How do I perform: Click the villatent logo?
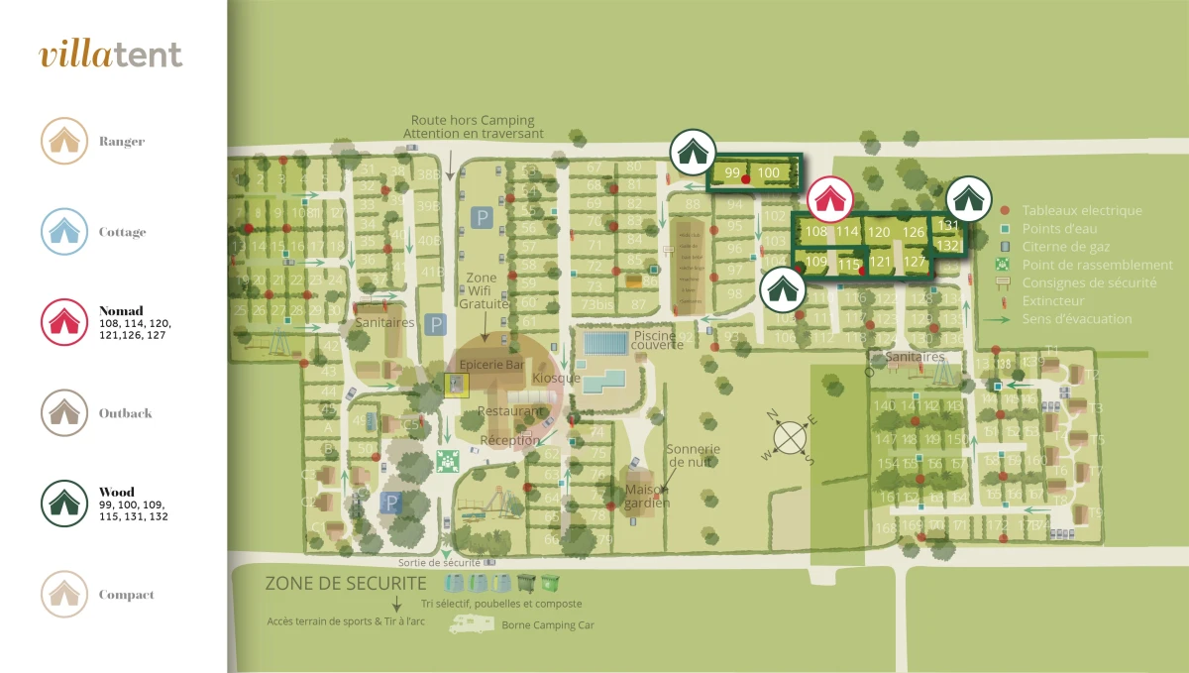(111, 55)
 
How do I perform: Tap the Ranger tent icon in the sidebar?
(64, 141)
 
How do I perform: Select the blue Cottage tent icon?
(64, 232)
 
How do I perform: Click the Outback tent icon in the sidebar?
(64, 412)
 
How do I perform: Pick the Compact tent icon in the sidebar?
(64, 595)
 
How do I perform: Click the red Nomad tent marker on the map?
(829, 200)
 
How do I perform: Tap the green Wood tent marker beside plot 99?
(693, 153)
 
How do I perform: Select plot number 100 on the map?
(769, 173)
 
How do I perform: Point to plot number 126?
(914, 233)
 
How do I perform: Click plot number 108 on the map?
(816, 232)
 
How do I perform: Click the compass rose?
(790, 436)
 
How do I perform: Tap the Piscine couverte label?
(657, 340)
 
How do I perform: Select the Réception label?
(509, 440)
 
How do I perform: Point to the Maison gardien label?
(647, 496)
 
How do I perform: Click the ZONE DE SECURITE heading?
(346, 584)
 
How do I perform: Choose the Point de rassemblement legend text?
(1097, 265)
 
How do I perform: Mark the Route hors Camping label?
(473, 120)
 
